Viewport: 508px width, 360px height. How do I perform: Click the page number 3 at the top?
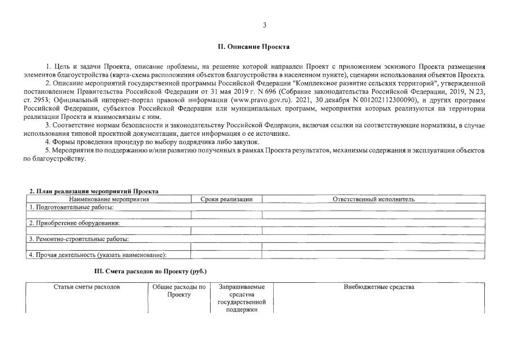[x=264, y=25]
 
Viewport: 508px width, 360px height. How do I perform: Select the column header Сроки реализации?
[x=226, y=199]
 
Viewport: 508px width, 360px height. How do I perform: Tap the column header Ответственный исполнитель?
[x=373, y=199]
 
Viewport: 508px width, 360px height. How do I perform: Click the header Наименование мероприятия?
[x=110, y=199]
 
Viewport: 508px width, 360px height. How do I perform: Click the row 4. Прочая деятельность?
[x=98, y=255]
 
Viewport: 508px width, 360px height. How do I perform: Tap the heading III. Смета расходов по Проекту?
[x=150, y=272]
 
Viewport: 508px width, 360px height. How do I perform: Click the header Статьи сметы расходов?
[x=87, y=287]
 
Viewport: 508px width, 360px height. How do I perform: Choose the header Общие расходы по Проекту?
[x=179, y=291]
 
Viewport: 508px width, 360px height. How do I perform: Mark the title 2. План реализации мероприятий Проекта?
[x=93, y=192]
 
